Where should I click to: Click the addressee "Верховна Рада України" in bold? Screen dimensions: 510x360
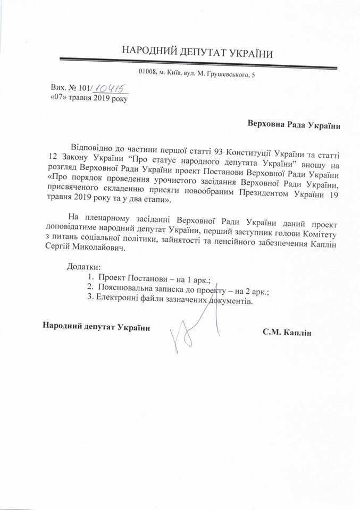[294, 126]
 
